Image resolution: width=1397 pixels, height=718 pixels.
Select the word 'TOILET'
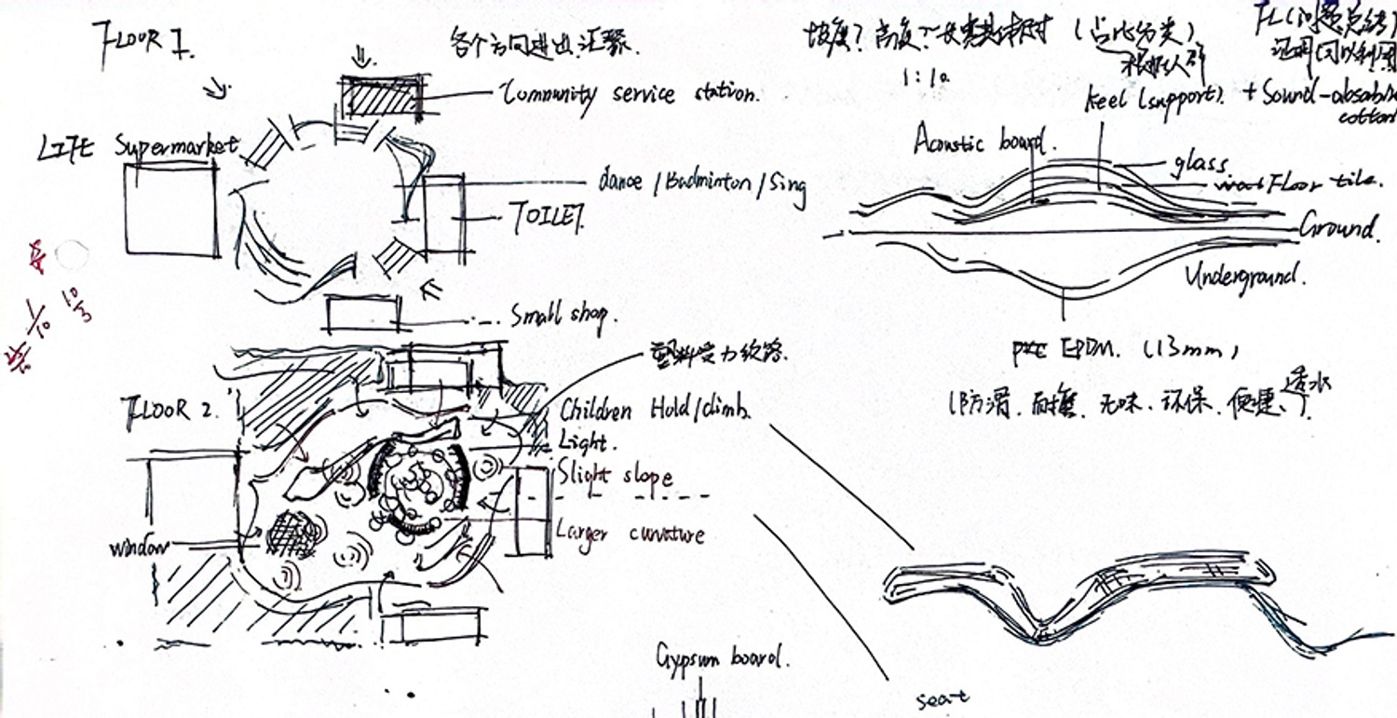pyautogui.click(x=547, y=218)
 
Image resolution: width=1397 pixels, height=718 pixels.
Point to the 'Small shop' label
pyautogui.click(x=558, y=317)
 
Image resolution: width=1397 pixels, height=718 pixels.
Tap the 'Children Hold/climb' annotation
pyautogui.click(x=656, y=411)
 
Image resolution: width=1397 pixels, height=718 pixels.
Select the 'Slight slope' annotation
pyautogui.click(x=614, y=476)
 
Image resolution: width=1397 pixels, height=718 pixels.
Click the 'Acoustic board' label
pyautogui.click(x=985, y=142)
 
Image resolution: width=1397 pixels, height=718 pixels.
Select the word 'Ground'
pyautogui.click(x=1337, y=226)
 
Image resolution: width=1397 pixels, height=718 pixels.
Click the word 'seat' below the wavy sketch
pyautogui.click(x=943, y=696)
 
